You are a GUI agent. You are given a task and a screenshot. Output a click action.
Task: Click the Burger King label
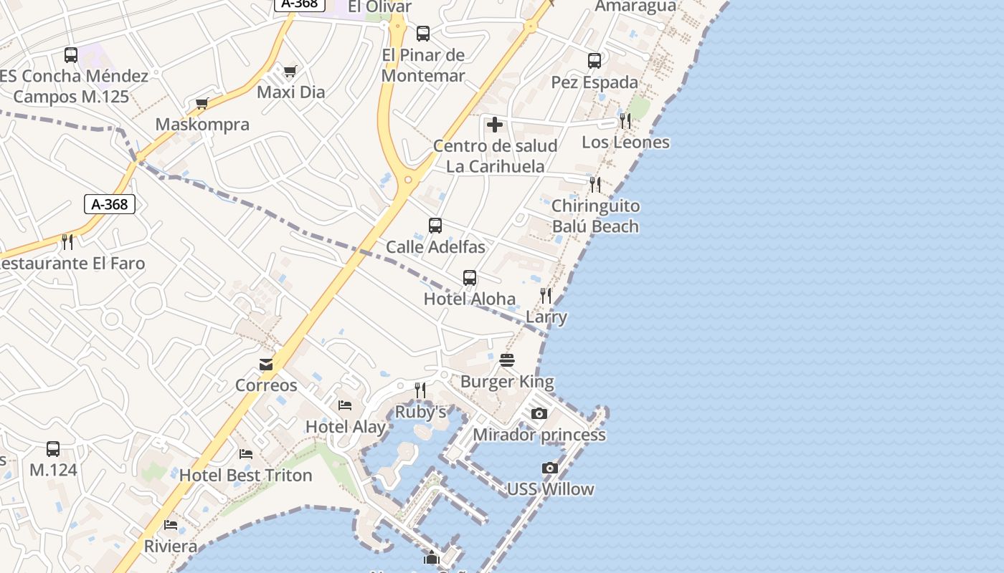click(x=507, y=382)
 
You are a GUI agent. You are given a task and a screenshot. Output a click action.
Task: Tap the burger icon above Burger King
click(x=507, y=360)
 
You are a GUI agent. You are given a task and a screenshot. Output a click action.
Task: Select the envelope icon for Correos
click(x=266, y=365)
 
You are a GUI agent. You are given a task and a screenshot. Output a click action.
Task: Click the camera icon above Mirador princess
click(x=539, y=414)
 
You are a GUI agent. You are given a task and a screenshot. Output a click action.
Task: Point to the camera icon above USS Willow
click(x=550, y=468)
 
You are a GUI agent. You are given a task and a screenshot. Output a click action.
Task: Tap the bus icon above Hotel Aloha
click(x=470, y=278)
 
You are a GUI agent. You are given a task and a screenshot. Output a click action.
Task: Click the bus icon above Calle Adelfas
click(x=435, y=226)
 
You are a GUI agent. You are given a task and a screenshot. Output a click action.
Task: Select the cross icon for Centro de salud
click(x=494, y=125)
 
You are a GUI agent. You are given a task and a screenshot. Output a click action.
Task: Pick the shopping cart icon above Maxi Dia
click(x=290, y=71)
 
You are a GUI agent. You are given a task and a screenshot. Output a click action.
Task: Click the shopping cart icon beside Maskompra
click(x=202, y=104)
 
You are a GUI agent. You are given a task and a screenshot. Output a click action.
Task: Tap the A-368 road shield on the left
click(x=110, y=204)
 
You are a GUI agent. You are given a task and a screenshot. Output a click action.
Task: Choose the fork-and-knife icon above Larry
click(x=546, y=296)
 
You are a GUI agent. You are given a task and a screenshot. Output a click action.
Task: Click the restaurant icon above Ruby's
click(x=420, y=390)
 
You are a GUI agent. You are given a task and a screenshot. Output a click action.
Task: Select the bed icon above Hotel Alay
click(x=345, y=405)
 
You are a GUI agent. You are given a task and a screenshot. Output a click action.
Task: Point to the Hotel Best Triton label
click(x=245, y=475)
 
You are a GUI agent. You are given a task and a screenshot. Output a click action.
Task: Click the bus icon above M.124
click(x=53, y=449)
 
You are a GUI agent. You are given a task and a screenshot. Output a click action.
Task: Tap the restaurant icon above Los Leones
click(x=625, y=121)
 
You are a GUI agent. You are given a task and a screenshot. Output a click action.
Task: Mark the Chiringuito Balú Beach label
click(x=595, y=216)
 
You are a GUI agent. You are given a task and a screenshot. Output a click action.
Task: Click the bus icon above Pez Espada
click(x=595, y=62)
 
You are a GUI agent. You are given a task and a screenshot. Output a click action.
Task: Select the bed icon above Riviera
click(x=171, y=525)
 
